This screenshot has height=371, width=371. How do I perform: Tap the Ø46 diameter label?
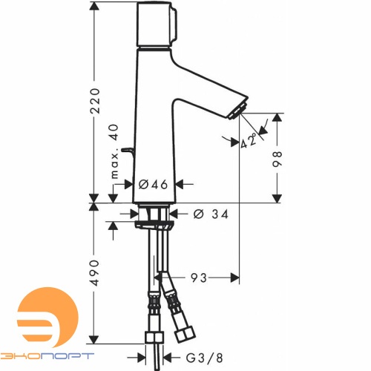[x=154, y=183]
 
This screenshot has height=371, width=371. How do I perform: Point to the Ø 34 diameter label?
[x=209, y=214]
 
